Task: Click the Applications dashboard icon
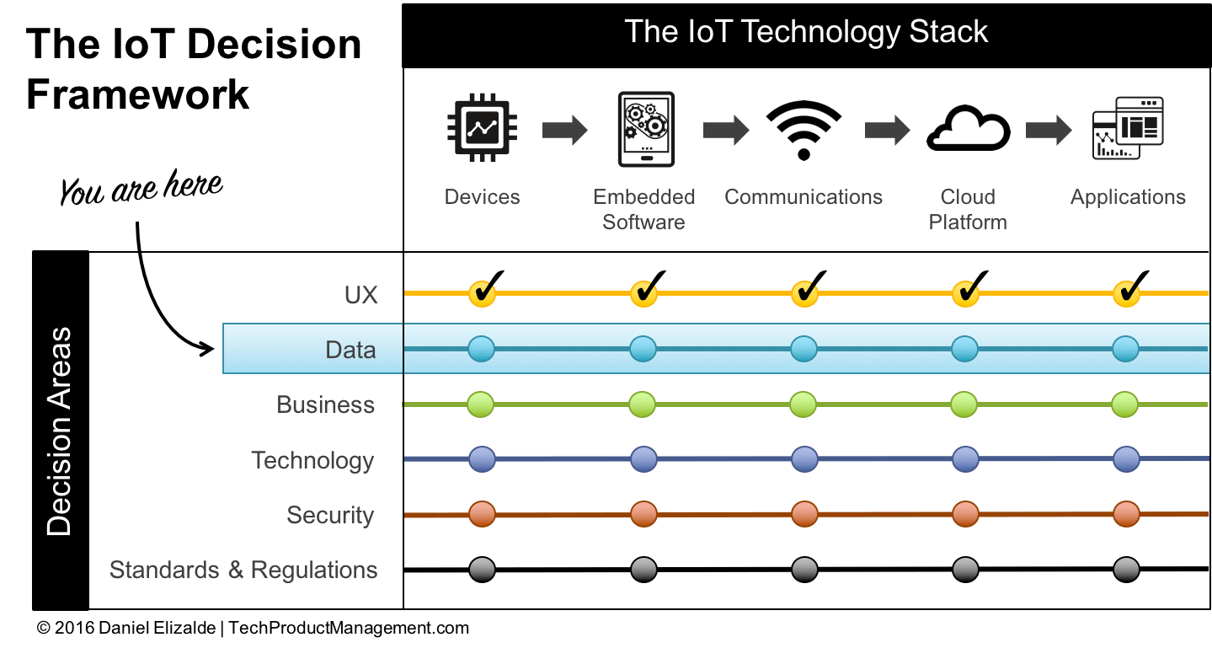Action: [1127, 128]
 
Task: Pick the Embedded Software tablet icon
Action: [645, 129]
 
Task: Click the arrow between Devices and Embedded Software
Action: [564, 131]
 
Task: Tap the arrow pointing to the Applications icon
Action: [1048, 131]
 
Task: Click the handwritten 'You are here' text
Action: [141, 189]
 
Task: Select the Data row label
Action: [350, 350]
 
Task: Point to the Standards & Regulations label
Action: [243, 570]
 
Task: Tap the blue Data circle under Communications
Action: [804, 349]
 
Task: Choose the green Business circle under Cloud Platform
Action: [965, 404]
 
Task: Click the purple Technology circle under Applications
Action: [1126, 459]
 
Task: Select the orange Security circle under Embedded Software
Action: [643, 514]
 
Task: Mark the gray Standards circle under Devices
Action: [482, 570]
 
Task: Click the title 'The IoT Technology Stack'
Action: [806, 32]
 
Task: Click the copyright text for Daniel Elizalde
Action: [253, 628]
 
